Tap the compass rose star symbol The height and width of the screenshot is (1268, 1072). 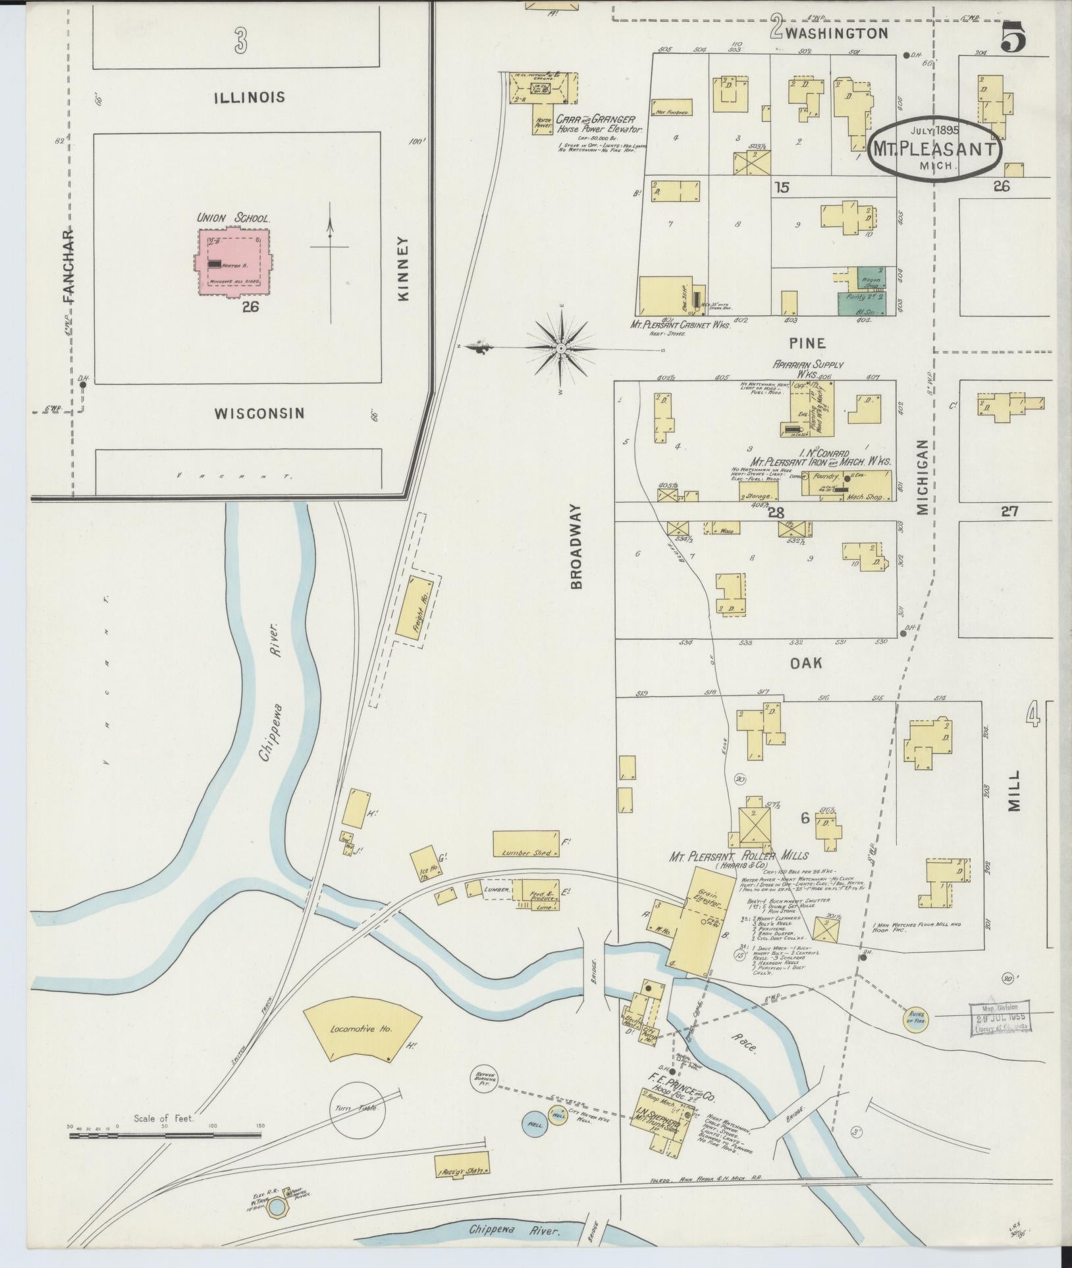point(561,347)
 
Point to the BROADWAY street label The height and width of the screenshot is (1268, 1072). point(577,546)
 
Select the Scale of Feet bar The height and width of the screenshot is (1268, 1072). point(165,1134)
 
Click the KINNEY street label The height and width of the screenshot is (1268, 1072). point(404,269)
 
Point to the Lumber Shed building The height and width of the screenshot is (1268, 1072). point(526,844)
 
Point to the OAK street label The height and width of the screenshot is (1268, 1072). point(806,663)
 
